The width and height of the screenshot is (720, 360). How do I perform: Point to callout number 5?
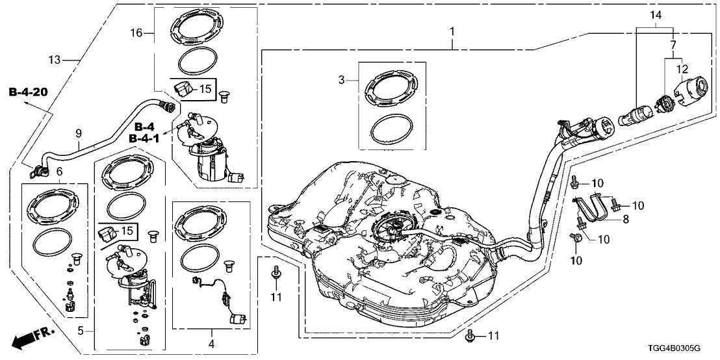(x=81, y=331)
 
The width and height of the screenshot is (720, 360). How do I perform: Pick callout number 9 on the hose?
(x=79, y=133)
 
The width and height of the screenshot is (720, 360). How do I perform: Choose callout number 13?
(x=54, y=60)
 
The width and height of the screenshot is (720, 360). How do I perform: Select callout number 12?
(x=681, y=69)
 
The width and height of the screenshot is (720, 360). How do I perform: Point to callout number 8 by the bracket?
(x=626, y=219)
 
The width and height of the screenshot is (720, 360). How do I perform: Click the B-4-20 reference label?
(x=28, y=92)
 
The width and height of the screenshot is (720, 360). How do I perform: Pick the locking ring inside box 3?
(x=390, y=90)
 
